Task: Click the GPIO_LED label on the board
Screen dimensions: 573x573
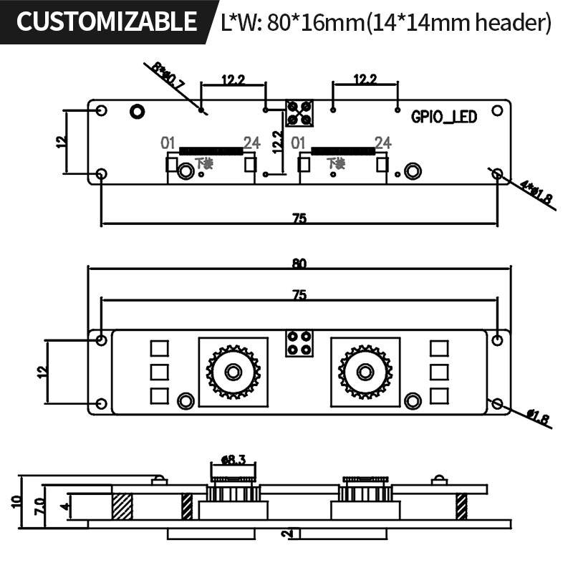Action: pos(444,117)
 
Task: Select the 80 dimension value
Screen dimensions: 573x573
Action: pos(299,264)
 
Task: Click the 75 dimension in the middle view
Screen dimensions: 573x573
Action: pos(299,294)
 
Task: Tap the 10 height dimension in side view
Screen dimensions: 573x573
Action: pos(17,501)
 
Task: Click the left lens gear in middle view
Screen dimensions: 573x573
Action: pos(233,372)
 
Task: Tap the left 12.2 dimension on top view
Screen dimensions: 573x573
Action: pos(233,80)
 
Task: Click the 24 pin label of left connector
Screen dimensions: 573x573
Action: pos(251,143)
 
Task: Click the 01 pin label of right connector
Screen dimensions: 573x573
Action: pos(300,143)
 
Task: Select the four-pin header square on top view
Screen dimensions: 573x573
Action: pos(299,113)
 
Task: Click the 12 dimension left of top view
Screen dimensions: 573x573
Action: pos(61,142)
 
